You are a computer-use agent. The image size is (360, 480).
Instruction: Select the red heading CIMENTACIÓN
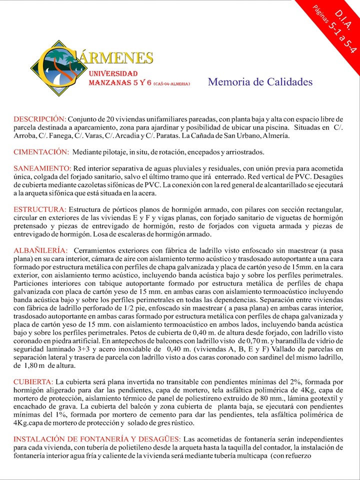click(x=41, y=151)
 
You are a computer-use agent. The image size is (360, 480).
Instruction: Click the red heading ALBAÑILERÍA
click(x=40, y=249)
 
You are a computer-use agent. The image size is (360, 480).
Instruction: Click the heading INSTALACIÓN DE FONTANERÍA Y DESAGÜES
click(x=97, y=438)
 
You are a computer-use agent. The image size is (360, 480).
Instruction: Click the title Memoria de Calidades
click(x=260, y=82)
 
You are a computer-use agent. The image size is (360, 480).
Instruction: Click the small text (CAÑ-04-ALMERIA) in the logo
click(x=171, y=84)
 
